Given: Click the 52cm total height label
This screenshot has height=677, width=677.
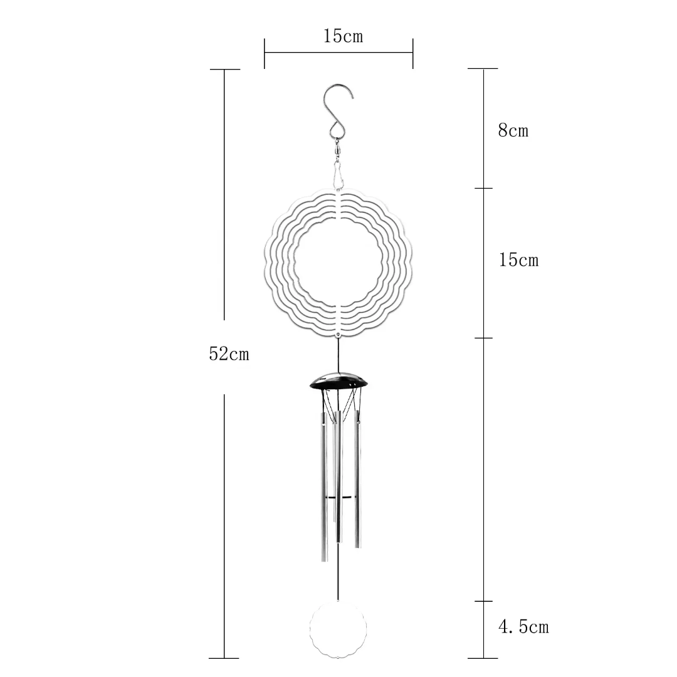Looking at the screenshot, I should [229, 354].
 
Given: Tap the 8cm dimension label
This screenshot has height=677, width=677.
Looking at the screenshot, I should [513, 131].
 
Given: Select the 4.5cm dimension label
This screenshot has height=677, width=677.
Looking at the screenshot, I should [523, 627].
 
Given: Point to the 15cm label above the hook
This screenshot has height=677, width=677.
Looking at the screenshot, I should [343, 36].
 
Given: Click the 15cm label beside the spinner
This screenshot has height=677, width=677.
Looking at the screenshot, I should [518, 260].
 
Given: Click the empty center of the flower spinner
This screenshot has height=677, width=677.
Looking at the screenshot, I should [338, 262].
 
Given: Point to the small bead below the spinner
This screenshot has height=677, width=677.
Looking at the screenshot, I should [338, 337].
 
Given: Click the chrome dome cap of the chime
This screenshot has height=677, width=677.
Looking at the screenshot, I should [338, 381].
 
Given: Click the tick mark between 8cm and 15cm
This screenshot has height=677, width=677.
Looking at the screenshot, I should [483, 188].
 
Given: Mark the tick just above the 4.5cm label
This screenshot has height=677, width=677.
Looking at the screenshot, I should [483, 601].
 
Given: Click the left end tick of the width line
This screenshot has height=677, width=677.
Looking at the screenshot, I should [265, 53].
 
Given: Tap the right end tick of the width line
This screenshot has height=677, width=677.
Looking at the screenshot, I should [412, 53].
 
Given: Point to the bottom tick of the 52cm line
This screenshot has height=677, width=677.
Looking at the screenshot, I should [224, 658].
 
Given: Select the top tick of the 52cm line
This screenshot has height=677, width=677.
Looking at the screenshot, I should [224, 70].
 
